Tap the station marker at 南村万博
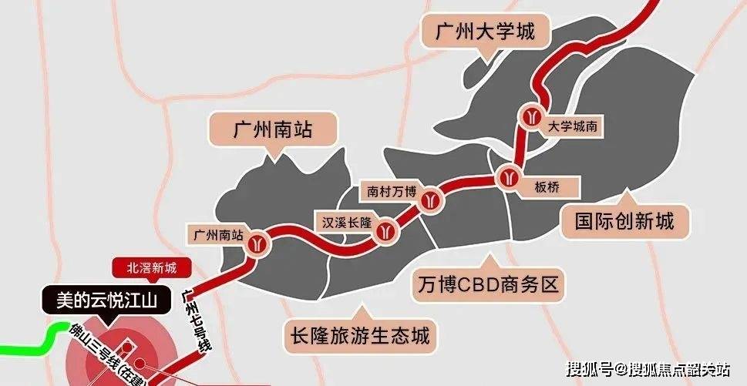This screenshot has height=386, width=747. click(431, 201)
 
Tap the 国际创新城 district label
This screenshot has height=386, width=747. click(624, 222)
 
